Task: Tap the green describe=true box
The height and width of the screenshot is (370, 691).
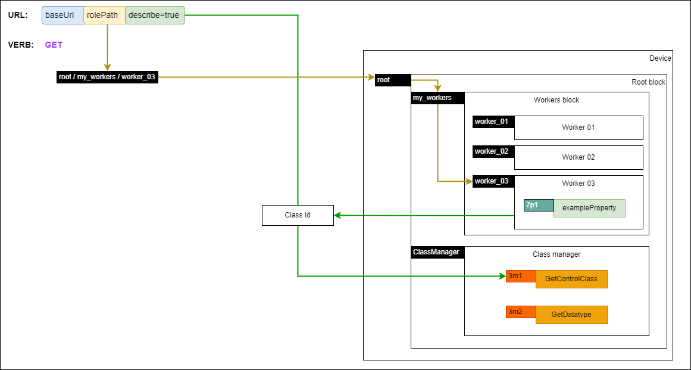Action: pyautogui.click(x=155, y=15)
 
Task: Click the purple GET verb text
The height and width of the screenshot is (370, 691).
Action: pyautogui.click(x=54, y=45)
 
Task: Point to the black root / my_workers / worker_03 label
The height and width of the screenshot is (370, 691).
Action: pyautogui.click(x=107, y=77)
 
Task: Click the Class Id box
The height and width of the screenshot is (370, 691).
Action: pyautogui.click(x=298, y=215)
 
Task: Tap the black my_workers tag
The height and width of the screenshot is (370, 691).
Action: pyautogui.click(x=437, y=98)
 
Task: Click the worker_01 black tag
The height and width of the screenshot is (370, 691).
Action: pyautogui.click(x=493, y=122)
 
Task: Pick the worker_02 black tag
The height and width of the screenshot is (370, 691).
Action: pyautogui.click(x=493, y=151)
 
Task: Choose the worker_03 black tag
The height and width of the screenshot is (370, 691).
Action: pyautogui.click(x=493, y=181)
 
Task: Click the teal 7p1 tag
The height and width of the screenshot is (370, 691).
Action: pyautogui.click(x=538, y=205)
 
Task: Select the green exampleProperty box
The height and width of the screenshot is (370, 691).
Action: pyautogui.click(x=589, y=208)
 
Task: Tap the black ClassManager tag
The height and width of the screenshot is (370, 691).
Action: pyautogui.click(x=437, y=252)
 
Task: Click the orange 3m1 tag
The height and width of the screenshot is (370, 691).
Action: pyautogui.click(x=520, y=276)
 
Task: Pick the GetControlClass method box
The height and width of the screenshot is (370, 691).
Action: pyautogui.click(x=571, y=279)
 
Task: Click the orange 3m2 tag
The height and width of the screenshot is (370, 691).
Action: pyautogui.click(x=520, y=312)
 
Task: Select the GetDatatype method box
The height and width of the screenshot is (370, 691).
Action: pyautogui.click(x=571, y=315)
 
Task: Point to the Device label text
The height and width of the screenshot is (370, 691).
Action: pyautogui.click(x=660, y=58)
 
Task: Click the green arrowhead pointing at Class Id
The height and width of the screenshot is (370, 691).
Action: pyautogui.click(x=337, y=215)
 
